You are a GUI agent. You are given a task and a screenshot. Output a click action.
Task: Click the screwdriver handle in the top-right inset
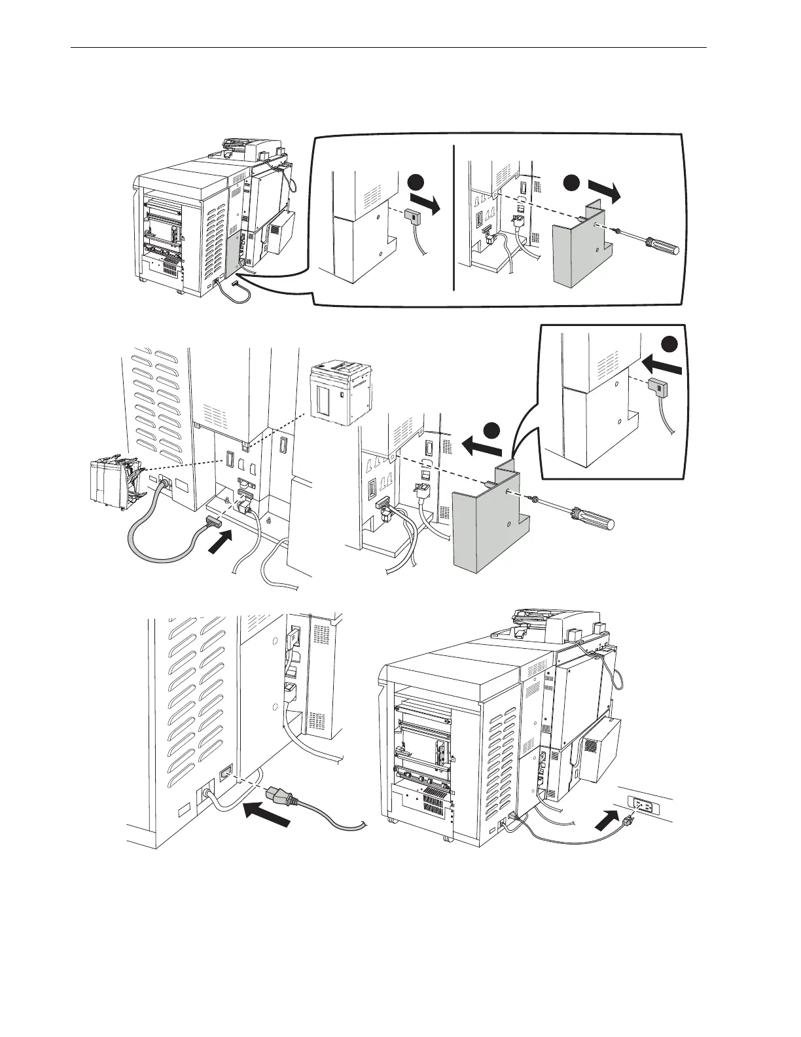pos(662,249)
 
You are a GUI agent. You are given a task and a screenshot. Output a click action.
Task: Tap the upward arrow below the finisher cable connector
pos(221,542)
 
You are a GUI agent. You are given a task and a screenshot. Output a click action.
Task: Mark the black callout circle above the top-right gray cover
pos(574,183)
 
